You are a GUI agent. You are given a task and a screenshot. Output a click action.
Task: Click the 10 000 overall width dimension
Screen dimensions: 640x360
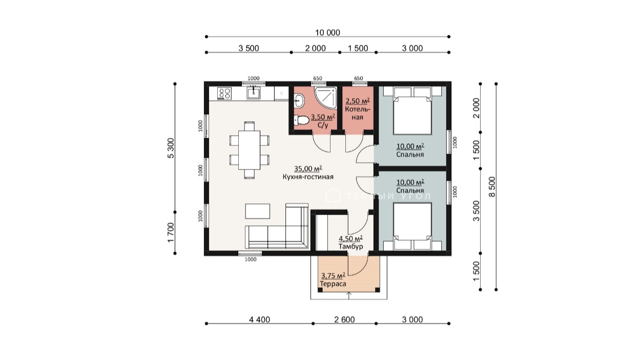[x=327, y=33]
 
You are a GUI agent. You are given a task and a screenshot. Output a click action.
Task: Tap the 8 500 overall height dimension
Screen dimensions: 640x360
[x=492, y=187]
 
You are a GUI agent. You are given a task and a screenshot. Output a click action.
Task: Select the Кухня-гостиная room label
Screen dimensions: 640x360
[x=308, y=177]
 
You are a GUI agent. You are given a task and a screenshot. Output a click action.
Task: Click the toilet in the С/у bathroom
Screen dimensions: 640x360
[x=301, y=120]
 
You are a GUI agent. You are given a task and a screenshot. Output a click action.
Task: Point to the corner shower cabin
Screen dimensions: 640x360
[x=326, y=98]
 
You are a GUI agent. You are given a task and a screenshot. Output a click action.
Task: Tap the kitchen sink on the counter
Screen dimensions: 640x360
[x=254, y=93]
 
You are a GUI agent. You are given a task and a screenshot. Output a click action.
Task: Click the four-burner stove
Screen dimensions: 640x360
[x=224, y=93]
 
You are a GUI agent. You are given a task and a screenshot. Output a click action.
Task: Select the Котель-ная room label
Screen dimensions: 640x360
[x=358, y=113]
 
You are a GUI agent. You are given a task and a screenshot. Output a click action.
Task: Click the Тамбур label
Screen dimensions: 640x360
[x=351, y=246]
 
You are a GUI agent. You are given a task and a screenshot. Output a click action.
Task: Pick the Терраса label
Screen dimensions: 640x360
[x=333, y=284]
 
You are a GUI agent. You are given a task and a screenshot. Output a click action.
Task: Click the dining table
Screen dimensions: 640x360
[x=250, y=150]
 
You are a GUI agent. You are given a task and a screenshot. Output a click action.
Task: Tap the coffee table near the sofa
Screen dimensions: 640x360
[x=257, y=211]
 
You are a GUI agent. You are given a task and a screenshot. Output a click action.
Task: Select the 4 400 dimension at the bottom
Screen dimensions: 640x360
[x=259, y=320]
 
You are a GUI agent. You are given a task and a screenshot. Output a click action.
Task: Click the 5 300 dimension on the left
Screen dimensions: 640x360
[x=171, y=148]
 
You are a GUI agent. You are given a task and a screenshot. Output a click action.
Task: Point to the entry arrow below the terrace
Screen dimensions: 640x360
[x=349, y=295]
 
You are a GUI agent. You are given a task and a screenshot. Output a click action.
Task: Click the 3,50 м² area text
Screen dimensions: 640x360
[x=323, y=117]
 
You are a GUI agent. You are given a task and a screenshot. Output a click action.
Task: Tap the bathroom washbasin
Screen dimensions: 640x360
[x=299, y=101]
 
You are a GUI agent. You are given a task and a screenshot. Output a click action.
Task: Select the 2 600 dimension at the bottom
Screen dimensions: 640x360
[x=344, y=320]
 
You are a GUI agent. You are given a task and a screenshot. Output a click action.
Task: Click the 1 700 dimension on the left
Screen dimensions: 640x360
[x=171, y=232]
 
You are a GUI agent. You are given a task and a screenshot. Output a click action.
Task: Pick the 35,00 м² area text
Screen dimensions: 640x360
[x=308, y=168]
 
